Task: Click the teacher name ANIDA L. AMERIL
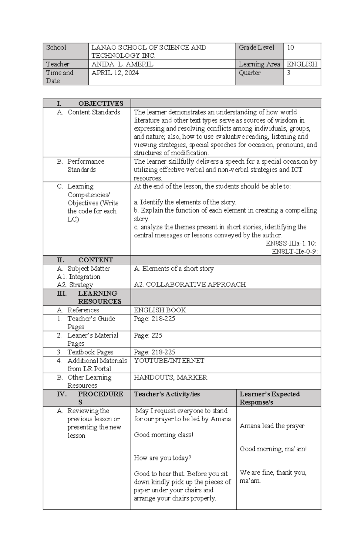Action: click(122, 64)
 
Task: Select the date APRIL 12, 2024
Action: click(115, 73)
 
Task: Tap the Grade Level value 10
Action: click(290, 48)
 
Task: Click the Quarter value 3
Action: click(288, 73)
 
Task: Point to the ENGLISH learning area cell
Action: click(302, 64)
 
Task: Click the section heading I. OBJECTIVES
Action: click(90, 104)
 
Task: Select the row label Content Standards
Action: click(93, 112)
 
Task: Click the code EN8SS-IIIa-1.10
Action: click(291, 243)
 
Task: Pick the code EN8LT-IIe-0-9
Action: click(294, 252)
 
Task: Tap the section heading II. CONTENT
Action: click(85, 260)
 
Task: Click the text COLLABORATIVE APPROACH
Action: click(196, 284)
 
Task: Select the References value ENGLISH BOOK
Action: click(160, 310)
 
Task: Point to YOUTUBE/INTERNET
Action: click(169, 361)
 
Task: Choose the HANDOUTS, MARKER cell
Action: click(170, 377)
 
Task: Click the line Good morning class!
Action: click(163, 435)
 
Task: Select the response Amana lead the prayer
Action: click(272, 426)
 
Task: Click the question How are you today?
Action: click(163, 458)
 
